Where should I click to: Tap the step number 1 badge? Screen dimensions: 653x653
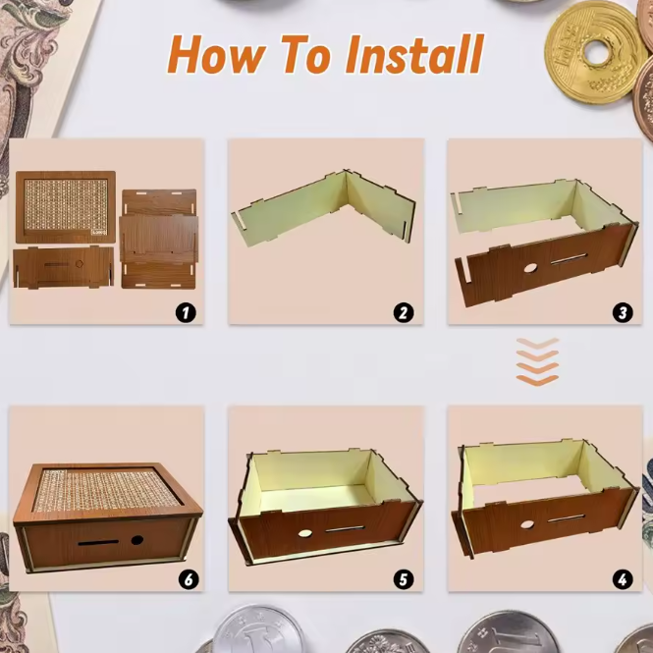pyautogui.click(x=186, y=312)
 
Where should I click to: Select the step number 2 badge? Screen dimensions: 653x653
pyautogui.click(x=404, y=313)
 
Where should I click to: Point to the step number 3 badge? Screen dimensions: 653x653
pyautogui.click(x=623, y=313)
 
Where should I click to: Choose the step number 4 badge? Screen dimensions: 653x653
pyautogui.click(x=623, y=579)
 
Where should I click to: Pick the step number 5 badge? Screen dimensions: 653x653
pyautogui.click(x=404, y=579)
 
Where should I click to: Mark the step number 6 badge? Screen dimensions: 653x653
pyautogui.click(x=189, y=579)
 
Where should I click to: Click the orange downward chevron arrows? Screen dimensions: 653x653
pyautogui.click(x=537, y=362)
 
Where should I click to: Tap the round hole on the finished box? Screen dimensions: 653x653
pyautogui.click(x=137, y=540)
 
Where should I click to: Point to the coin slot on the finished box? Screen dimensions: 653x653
pyautogui.click(x=98, y=543)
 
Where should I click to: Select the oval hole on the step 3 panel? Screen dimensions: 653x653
pyautogui.click(x=530, y=268)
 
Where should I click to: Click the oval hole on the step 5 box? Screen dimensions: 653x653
pyautogui.click(x=304, y=533)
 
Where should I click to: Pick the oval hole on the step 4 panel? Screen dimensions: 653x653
pyautogui.click(x=527, y=524)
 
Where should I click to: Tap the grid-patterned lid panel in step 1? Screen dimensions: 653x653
pyautogui.click(x=66, y=206)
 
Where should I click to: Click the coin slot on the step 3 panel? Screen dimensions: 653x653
pyautogui.click(x=569, y=259)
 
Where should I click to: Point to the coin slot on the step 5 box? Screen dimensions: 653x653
pyautogui.click(x=345, y=529)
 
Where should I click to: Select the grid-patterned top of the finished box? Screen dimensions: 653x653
pyautogui.click(x=105, y=489)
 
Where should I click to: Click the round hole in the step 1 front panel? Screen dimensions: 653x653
pyautogui.click(x=80, y=264)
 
